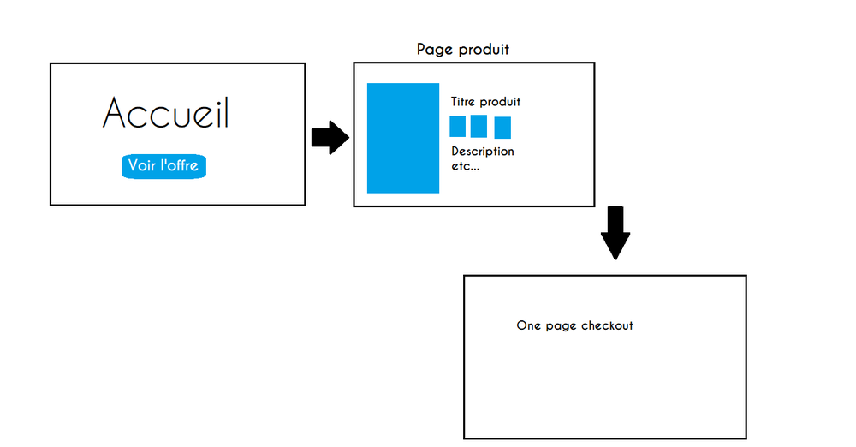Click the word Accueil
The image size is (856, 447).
pos(166,113)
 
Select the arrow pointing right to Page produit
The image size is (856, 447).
pos(330,137)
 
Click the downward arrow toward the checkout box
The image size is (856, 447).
pos(615,232)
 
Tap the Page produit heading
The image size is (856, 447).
pos(462,50)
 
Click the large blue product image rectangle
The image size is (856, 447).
pos(403,138)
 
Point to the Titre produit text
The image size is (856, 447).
pos(485,102)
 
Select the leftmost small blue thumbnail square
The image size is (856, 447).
pos(458,127)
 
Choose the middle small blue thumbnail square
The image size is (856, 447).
pos(479,126)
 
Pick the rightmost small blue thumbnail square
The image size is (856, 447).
pos(502,128)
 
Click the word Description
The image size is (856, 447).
pos(483,152)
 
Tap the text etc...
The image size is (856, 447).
pos(465,166)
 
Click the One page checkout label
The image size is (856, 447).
pos(574,325)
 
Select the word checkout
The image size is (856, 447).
pos(607,325)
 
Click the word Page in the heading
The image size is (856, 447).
pos(433,50)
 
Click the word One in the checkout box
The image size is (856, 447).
pos(528,325)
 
